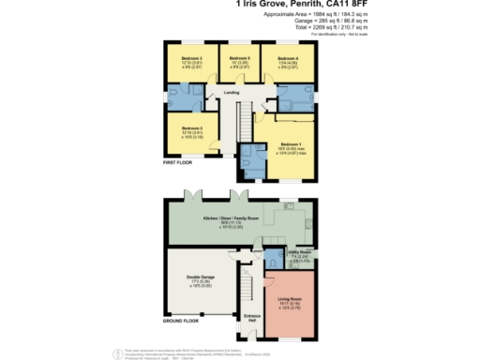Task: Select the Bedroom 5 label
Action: [x=239, y=58]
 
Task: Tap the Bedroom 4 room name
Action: [x=289, y=58]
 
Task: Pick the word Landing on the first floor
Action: [x=232, y=93]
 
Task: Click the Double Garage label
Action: [x=201, y=278]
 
